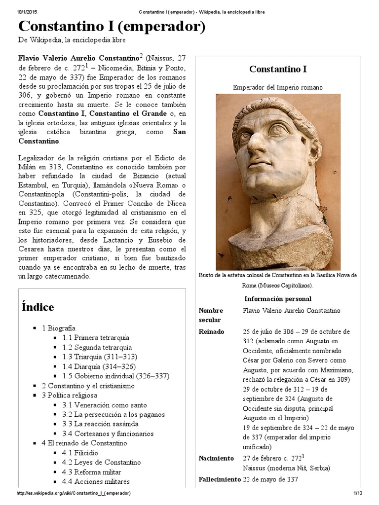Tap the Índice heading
(38, 307)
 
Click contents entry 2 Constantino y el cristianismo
(88, 386)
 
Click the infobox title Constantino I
(278, 69)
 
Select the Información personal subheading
(278, 299)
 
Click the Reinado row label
(211, 332)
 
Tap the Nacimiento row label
(216, 459)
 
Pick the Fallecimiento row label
(220, 479)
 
